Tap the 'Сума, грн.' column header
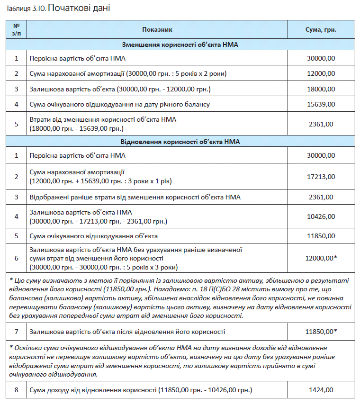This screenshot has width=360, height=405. (x=321, y=29)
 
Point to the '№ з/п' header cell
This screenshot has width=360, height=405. (x=16, y=29)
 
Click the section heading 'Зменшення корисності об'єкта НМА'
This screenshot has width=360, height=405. (x=180, y=45)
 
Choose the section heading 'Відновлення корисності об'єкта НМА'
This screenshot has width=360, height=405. (x=180, y=142)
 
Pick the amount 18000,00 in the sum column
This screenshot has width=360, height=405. (x=321, y=89)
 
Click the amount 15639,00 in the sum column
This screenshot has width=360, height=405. (x=321, y=104)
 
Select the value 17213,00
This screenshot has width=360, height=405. (x=321, y=177)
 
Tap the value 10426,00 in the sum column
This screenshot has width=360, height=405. (x=321, y=216)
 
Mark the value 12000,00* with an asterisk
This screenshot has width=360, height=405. (x=322, y=258)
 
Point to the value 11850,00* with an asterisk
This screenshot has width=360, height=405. (x=322, y=332)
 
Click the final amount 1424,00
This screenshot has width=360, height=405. (x=321, y=390)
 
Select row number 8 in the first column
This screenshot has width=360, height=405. (x=16, y=390)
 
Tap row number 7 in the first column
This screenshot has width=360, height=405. (x=16, y=332)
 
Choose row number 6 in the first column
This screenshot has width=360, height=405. (x=16, y=258)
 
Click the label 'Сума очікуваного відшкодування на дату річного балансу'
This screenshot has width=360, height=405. (x=119, y=104)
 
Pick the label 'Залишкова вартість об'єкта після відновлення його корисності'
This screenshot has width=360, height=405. (x=127, y=332)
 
